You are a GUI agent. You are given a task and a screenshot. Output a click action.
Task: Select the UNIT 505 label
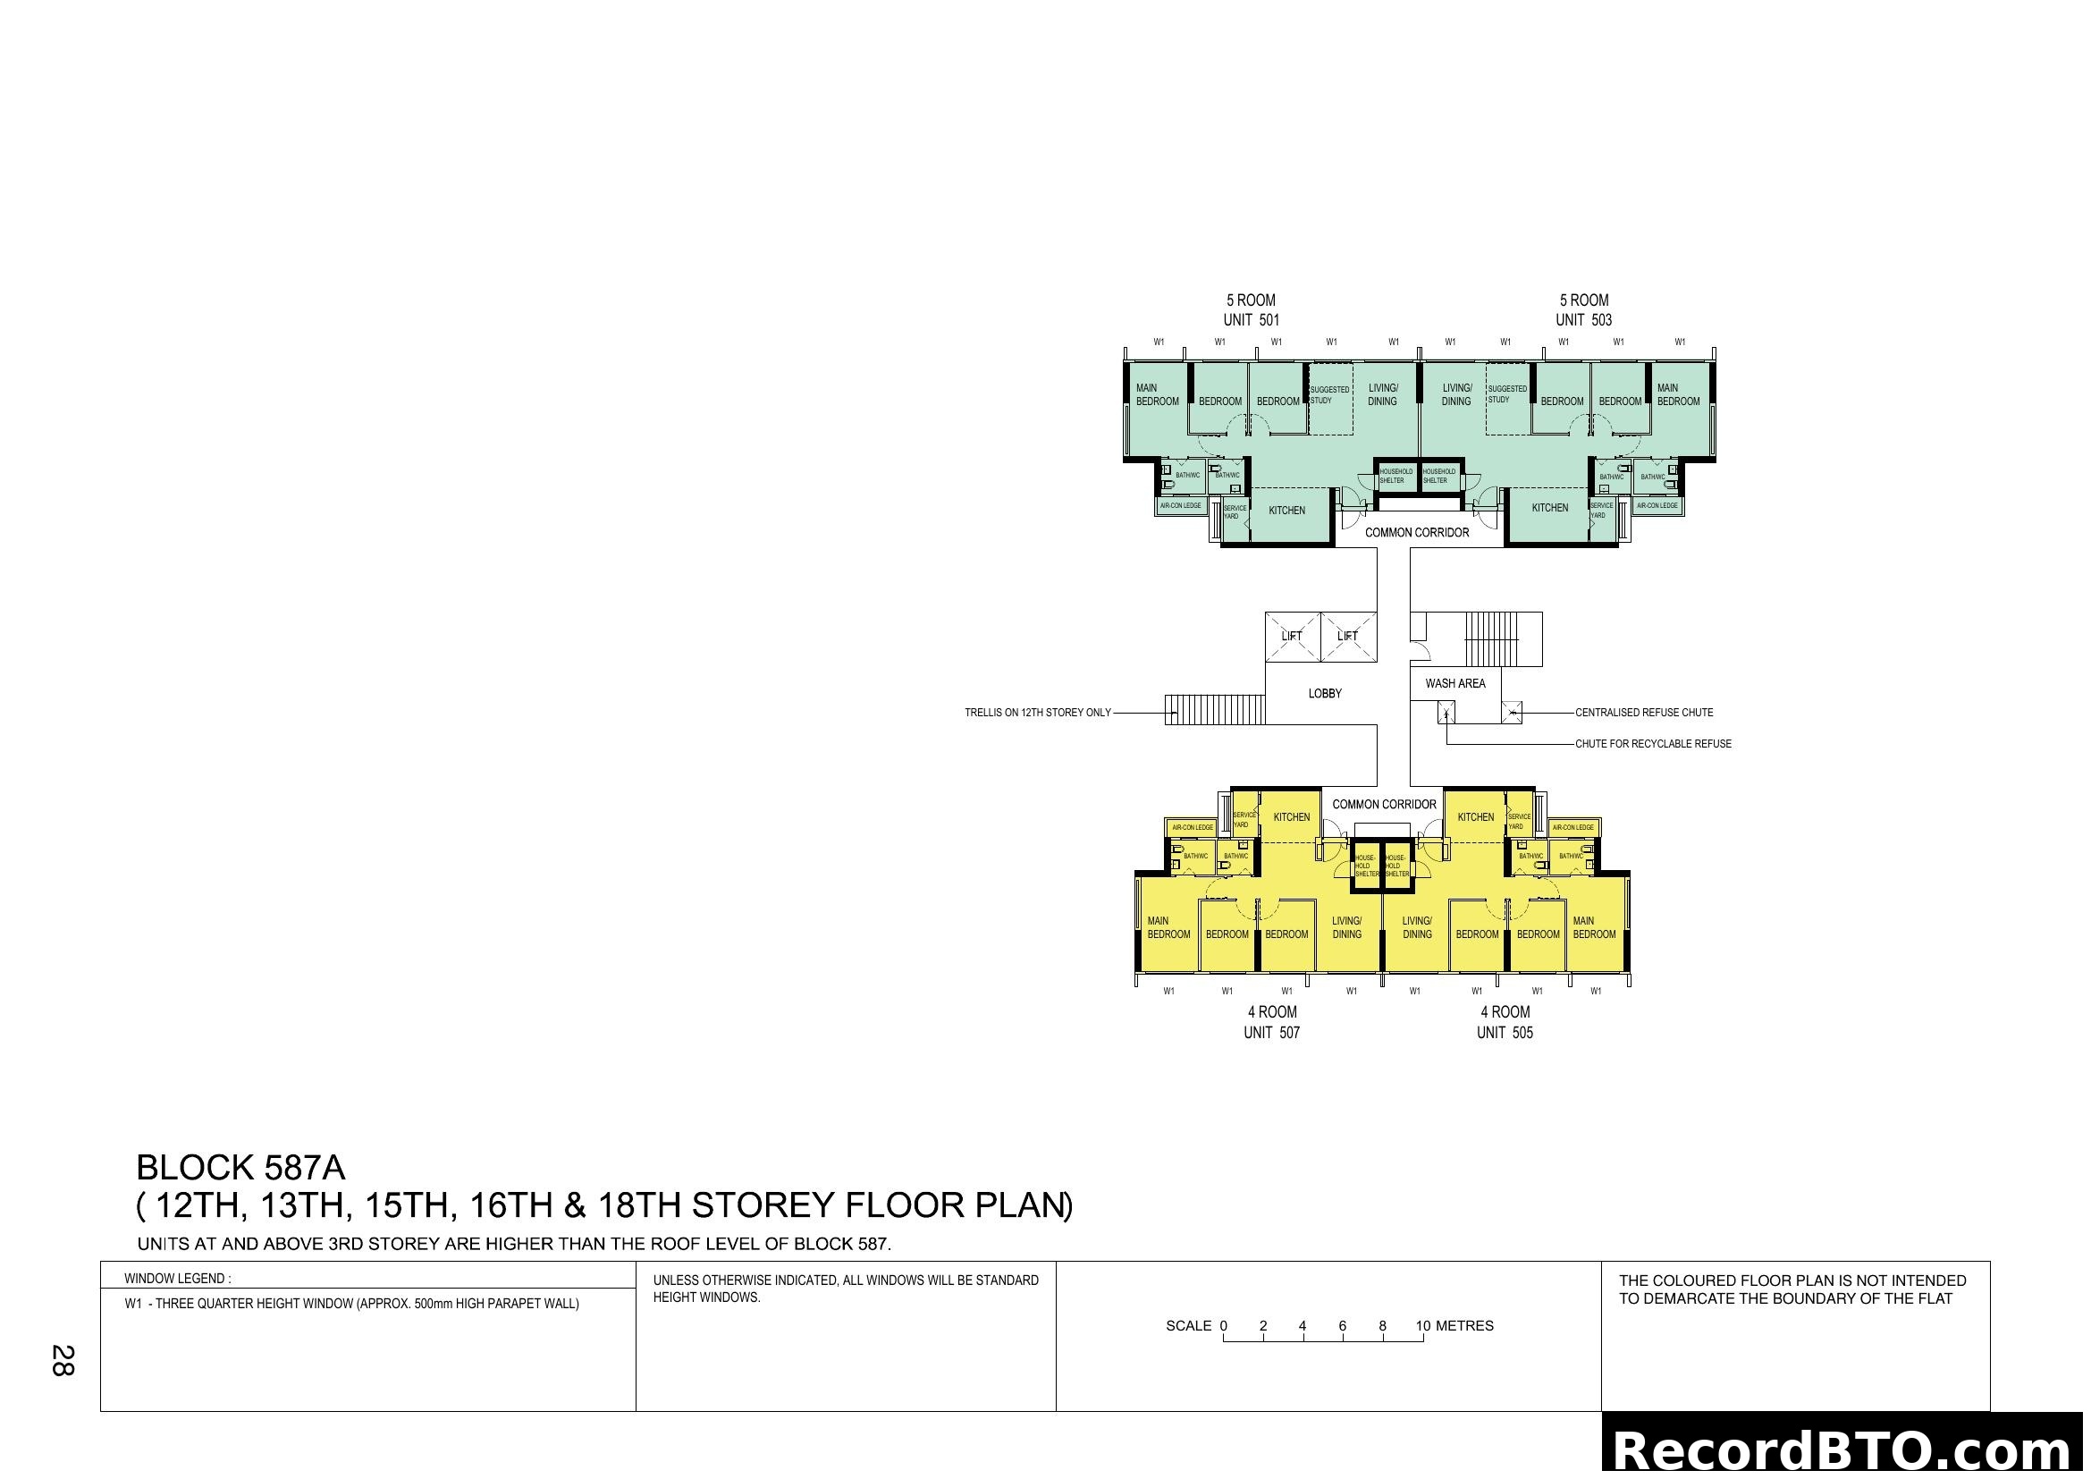pyautogui.click(x=1505, y=1032)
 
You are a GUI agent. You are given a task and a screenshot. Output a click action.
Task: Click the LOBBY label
pyautogui.click(x=1324, y=693)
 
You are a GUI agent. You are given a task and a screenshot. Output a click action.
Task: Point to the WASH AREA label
pyautogui.click(x=1454, y=683)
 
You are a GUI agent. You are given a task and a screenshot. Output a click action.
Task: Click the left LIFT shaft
pyautogui.click(x=1292, y=636)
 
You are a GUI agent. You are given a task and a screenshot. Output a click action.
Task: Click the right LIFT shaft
pyautogui.click(x=1347, y=636)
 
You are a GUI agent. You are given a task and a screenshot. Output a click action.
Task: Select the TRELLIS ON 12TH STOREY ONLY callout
pyautogui.click(x=1037, y=712)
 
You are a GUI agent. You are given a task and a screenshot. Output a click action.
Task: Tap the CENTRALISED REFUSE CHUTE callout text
pyautogui.click(x=1644, y=712)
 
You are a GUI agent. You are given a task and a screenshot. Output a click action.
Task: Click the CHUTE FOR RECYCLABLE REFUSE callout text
pyautogui.click(x=1653, y=743)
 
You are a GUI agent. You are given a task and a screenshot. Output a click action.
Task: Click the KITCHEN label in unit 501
pyautogui.click(x=1286, y=510)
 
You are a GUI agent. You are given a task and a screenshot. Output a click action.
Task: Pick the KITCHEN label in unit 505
pyautogui.click(x=1475, y=817)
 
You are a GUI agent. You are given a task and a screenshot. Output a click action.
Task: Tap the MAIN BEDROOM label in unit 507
pyautogui.click(x=1168, y=927)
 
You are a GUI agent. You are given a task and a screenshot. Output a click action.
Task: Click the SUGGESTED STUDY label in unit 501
pyautogui.click(x=1328, y=394)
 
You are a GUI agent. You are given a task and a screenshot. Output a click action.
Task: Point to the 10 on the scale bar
pyautogui.click(x=1422, y=1325)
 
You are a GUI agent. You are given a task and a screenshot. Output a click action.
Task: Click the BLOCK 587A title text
pyautogui.click(x=240, y=1167)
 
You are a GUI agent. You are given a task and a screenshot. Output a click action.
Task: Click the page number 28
pyautogui.click(x=63, y=1360)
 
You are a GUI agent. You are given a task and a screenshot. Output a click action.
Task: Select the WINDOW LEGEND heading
pyautogui.click(x=178, y=1278)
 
